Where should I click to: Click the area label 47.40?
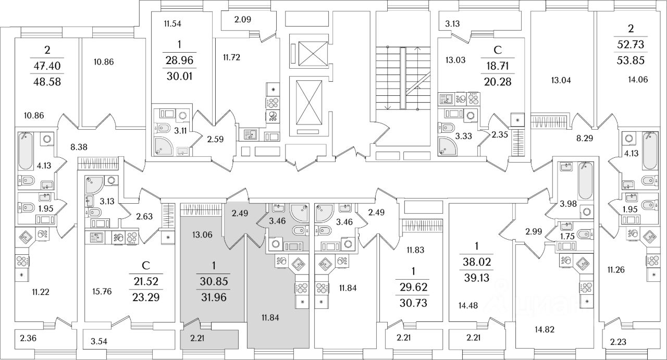click(47, 66)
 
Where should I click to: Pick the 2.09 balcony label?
click(243, 20)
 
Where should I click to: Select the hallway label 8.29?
click(585, 140)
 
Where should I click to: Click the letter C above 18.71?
click(497, 51)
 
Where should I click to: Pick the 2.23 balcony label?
click(619, 342)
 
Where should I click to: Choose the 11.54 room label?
click(172, 23)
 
